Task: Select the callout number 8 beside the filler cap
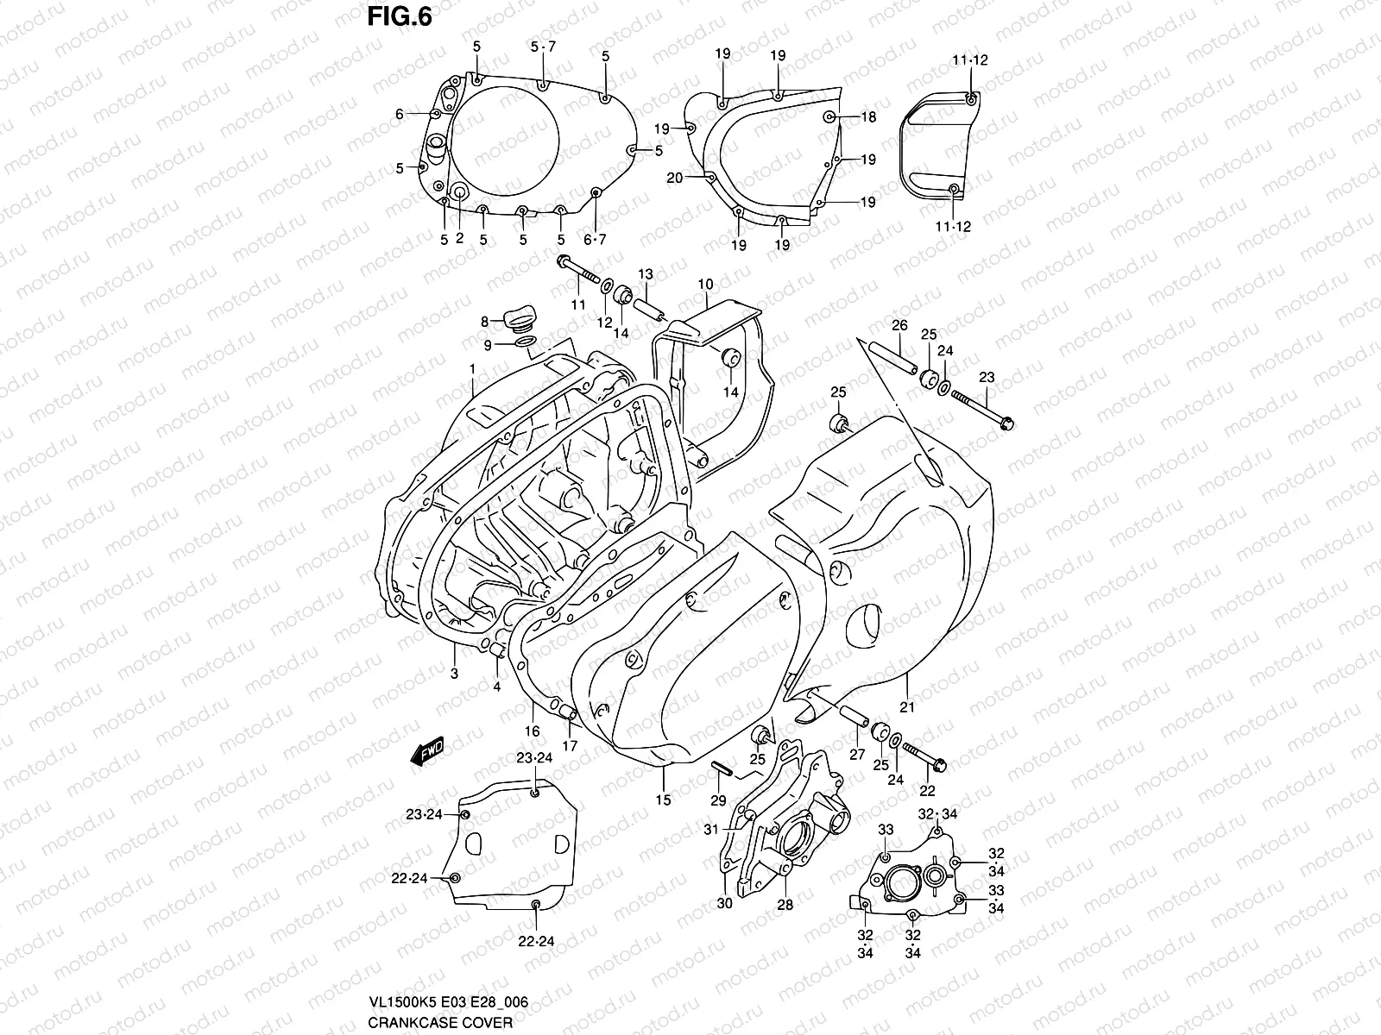(x=486, y=322)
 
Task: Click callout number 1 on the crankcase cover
(x=473, y=368)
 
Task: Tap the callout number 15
(x=662, y=800)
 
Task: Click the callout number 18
(x=867, y=117)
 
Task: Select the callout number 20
(x=675, y=178)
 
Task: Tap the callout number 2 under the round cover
(x=459, y=239)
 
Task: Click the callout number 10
(x=705, y=285)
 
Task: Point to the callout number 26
(x=899, y=326)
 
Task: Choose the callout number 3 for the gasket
(x=454, y=673)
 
